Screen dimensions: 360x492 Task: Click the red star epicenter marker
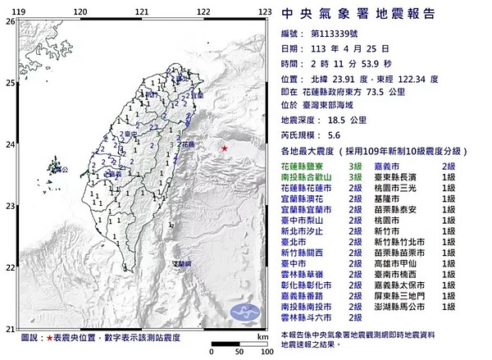tap(225, 148)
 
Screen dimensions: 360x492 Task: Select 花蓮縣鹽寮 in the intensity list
tap(305, 166)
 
